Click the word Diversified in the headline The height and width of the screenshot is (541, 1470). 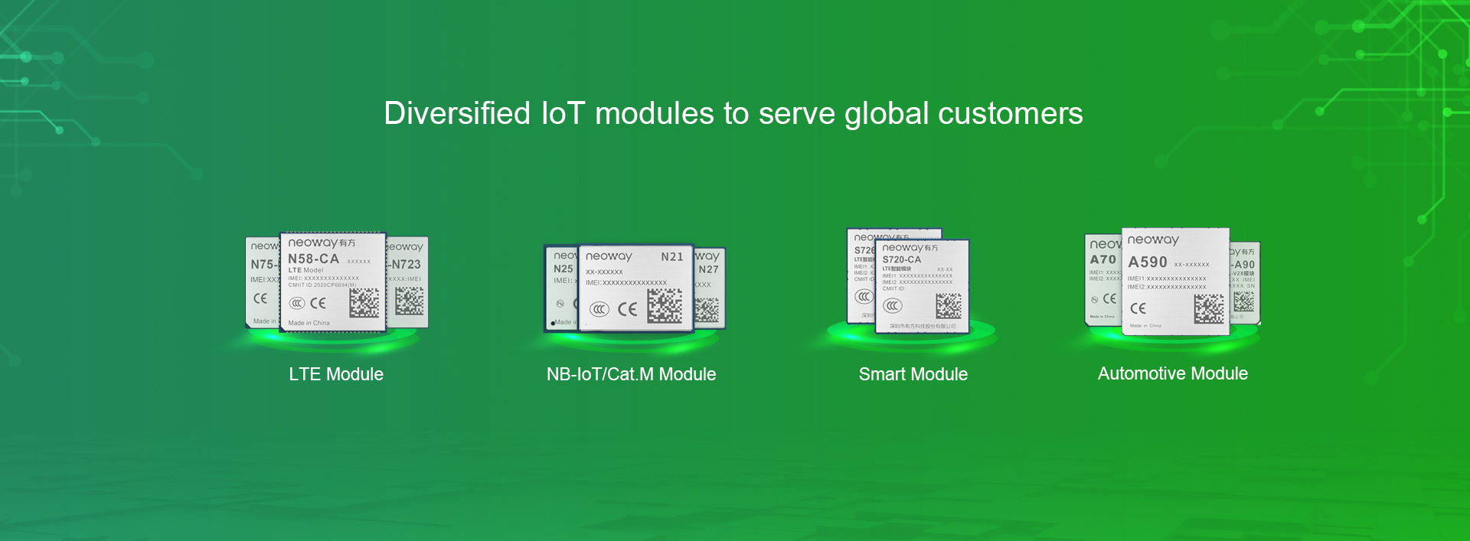pos(457,113)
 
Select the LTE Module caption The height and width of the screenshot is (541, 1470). pos(336,374)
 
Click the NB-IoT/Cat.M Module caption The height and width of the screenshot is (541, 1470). pos(631,374)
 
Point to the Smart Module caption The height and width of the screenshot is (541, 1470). pos(913,374)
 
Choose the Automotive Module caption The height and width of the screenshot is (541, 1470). pos(1172,373)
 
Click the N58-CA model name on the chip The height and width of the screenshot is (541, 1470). pos(313,259)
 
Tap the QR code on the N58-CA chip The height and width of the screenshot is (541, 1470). pos(364,303)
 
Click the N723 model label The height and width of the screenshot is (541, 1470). pos(406,264)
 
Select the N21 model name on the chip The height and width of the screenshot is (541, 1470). pos(671,257)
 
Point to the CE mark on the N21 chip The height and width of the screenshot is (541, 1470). pos(627,309)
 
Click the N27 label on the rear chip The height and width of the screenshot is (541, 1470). pos(708,269)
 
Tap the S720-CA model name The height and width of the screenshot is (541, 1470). pos(901,260)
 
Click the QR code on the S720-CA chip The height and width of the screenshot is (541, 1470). pos(948,306)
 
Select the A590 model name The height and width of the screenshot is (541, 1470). pos(1147,262)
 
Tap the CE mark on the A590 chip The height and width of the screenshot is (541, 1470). pos(1138,308)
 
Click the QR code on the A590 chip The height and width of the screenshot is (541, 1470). pos(1208,308)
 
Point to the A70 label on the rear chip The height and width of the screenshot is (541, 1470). pos(1102,260)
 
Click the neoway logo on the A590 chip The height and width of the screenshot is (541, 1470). pos(1152,240)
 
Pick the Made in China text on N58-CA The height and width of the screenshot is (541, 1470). pos(309,323)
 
